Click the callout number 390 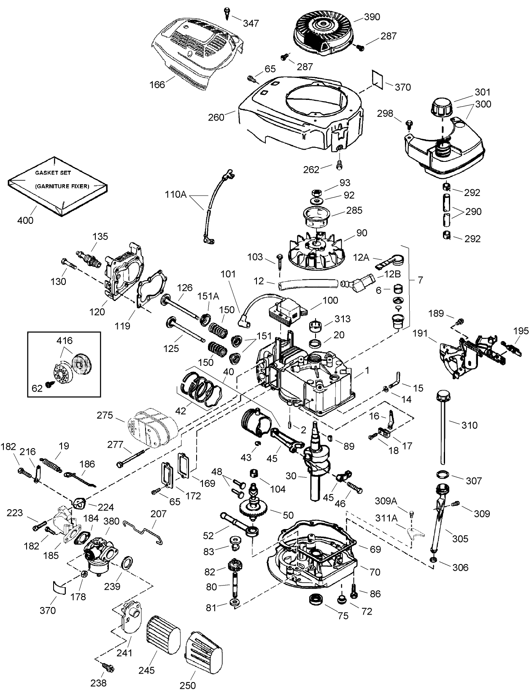pos(372,17)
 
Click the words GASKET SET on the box pos(53,173)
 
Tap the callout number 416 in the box pos(64,341)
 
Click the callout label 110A pos(176,195)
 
